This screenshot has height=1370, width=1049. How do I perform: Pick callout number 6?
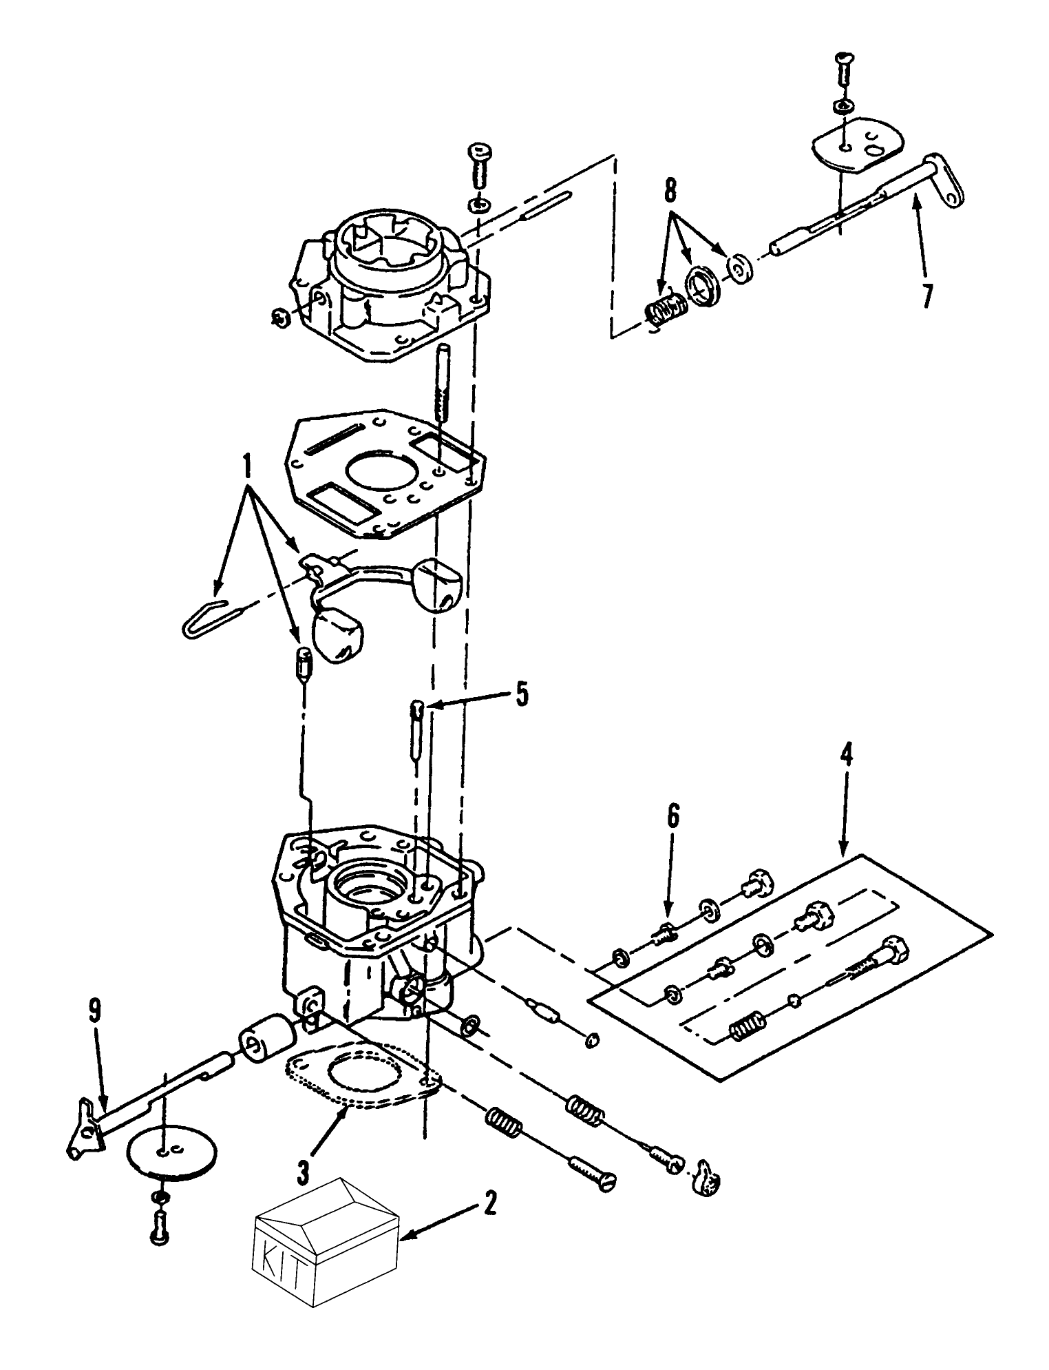[x=672, y=817]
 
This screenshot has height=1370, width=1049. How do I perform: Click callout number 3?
[x=304, y=1167]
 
